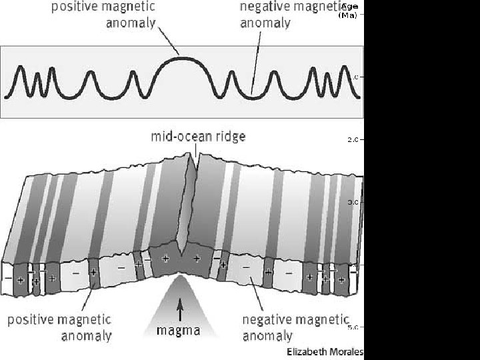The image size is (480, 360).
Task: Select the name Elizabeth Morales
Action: point(325,351)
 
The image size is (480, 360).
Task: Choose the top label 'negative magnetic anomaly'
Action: point(291,15)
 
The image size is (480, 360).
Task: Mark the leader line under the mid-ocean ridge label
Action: point(196,151)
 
